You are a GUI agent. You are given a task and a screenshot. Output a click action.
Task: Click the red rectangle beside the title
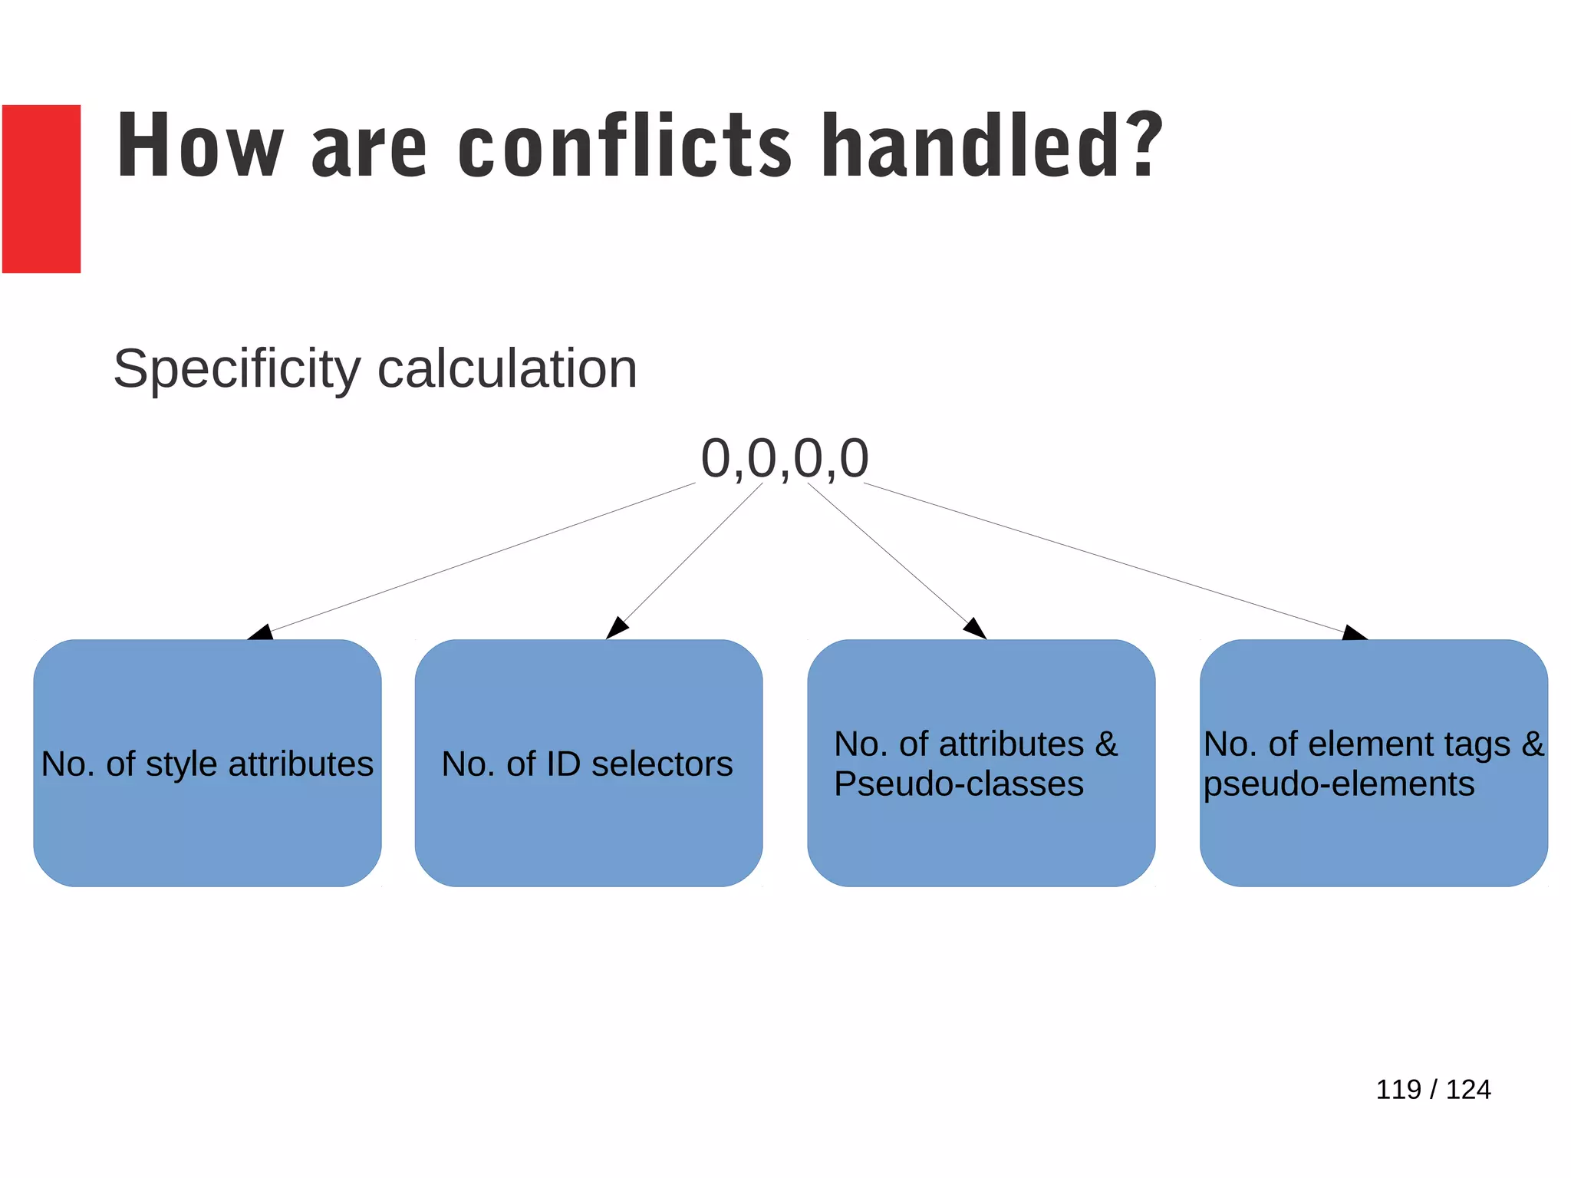coord(41,189)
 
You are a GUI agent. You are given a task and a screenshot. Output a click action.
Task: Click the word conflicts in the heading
coord(624,147)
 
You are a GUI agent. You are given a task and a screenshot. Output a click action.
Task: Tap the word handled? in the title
coord(991,147)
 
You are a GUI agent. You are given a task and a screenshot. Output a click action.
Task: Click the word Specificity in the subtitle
coord(236,370)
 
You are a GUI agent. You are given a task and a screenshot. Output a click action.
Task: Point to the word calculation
coord(507,370)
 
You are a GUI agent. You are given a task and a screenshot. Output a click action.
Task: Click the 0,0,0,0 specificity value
coord(784,458)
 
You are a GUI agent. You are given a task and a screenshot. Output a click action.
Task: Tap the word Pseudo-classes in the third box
coord(958,784)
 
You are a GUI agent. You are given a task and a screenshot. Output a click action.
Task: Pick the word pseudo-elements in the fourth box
coord(1339,784)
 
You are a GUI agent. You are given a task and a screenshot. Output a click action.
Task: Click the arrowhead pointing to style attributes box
coord(262,632)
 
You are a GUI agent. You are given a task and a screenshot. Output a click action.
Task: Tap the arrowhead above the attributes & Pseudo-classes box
coord(975,629)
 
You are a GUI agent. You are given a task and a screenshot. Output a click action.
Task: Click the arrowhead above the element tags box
coord(1354,633)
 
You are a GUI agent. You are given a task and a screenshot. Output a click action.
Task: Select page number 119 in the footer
coord(1398,1090)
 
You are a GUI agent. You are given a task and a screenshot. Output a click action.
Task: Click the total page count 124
coord(1468,1090)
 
